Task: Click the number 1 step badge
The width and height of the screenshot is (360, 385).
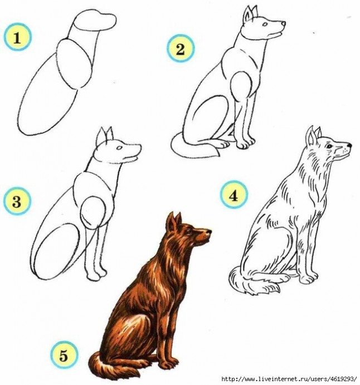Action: click(x=17, y=37)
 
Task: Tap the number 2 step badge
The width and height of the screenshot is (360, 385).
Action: click(x=181, y=49)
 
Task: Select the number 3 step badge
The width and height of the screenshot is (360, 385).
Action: click(x=17, y=201)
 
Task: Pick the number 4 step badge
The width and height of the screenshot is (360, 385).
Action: click(x=233, y=195)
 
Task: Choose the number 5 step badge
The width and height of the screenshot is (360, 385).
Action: click(x=64, y=355)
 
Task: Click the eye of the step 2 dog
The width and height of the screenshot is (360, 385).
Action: click(x=265, y=25)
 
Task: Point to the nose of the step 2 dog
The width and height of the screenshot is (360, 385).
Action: click(x=284, y=23)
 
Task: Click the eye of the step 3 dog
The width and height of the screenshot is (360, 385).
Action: click(x=119, y=148)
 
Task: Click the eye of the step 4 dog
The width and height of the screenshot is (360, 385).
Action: click(x=329, y=146)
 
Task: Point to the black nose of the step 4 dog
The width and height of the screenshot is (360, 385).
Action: click(x=349, y=146)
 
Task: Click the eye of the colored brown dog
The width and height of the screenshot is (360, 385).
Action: click(x=190, y=232)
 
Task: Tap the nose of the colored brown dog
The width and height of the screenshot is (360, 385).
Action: click(x=208, y=232)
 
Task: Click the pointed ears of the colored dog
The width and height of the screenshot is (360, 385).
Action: click(x=174, y=221)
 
